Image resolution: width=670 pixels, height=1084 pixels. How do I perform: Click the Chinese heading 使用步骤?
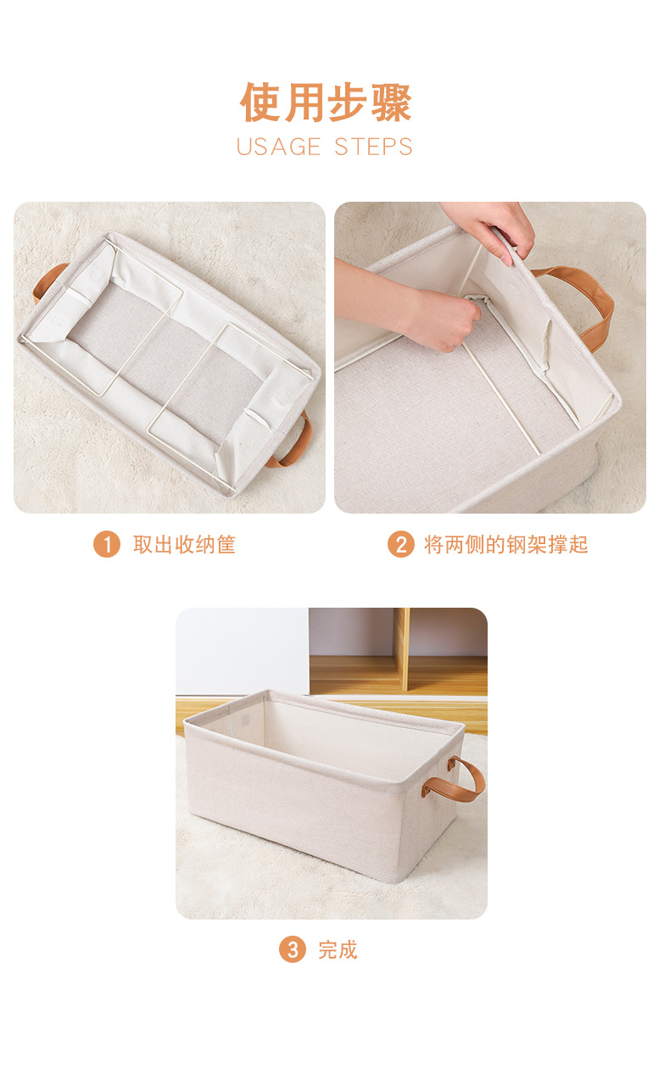pyautogui.click(x=326, y=103)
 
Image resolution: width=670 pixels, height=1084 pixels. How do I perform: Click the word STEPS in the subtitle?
pyautogui.click(x=373, y=147)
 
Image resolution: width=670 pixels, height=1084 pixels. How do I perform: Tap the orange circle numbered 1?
pyautogui.click(x=106, y=544)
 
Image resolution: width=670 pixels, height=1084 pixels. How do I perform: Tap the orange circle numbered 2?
pyautogui.click(x=400, y=544)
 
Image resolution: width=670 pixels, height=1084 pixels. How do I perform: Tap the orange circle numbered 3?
pyautogui.click(x=292, y=950)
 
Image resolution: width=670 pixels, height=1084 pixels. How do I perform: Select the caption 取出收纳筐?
pyautogui.click(x=184, y=544)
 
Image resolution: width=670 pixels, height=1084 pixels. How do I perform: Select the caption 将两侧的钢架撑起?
pyautogui.click(x=505, y=544)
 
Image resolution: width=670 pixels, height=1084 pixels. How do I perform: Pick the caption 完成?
pyautogui.click(x=338, y=950)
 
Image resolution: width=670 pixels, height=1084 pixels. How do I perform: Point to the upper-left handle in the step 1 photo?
pyautogui.click(x=48, y=281)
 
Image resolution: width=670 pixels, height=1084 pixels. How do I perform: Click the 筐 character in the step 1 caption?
pyautogui.click(x=226, y=544)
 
